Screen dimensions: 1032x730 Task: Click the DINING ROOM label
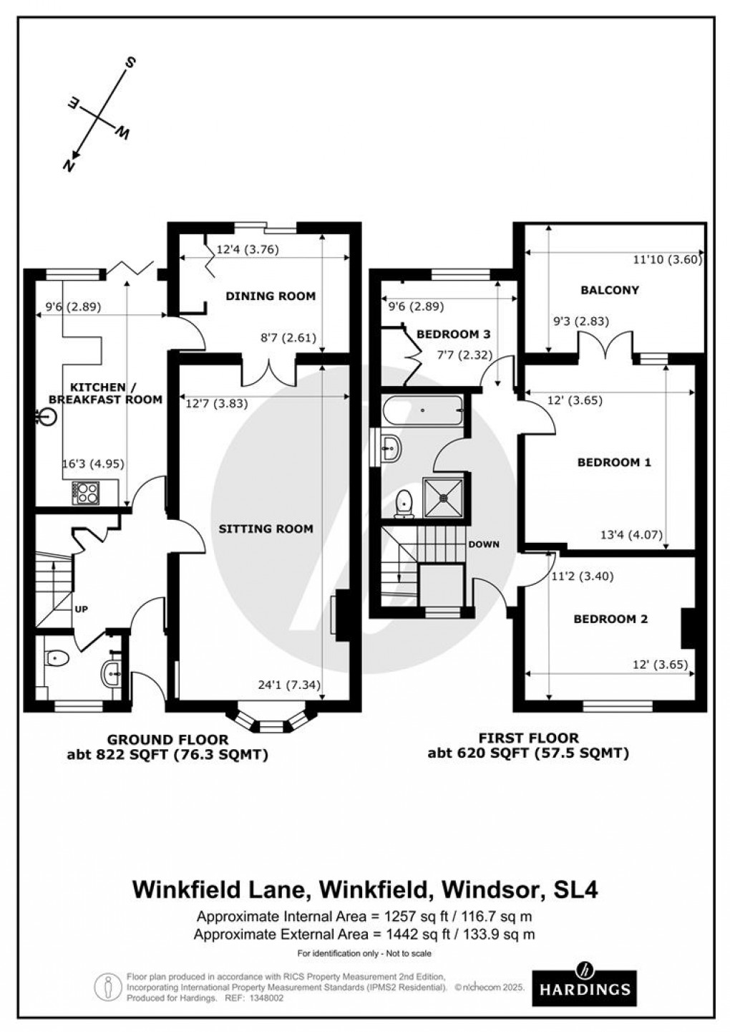pyautogui.click(x=271, y=296)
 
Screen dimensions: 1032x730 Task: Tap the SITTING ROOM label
pyautogui.click(x=266, y=529)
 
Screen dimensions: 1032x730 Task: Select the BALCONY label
pyautogui.click(x=610, y=290)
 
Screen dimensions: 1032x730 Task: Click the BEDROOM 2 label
pyautogui.click(x=610, y=619)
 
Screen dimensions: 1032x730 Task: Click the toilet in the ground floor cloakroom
pyautogui.click(x=56, y=657)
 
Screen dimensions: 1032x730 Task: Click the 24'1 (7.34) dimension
pyautogui.click(x=288, y=685)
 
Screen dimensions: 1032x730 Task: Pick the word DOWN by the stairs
pyautogui.click(x=484, y=544)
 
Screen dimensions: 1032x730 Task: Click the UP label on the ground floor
pyautogui.click(x=81, y=609)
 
